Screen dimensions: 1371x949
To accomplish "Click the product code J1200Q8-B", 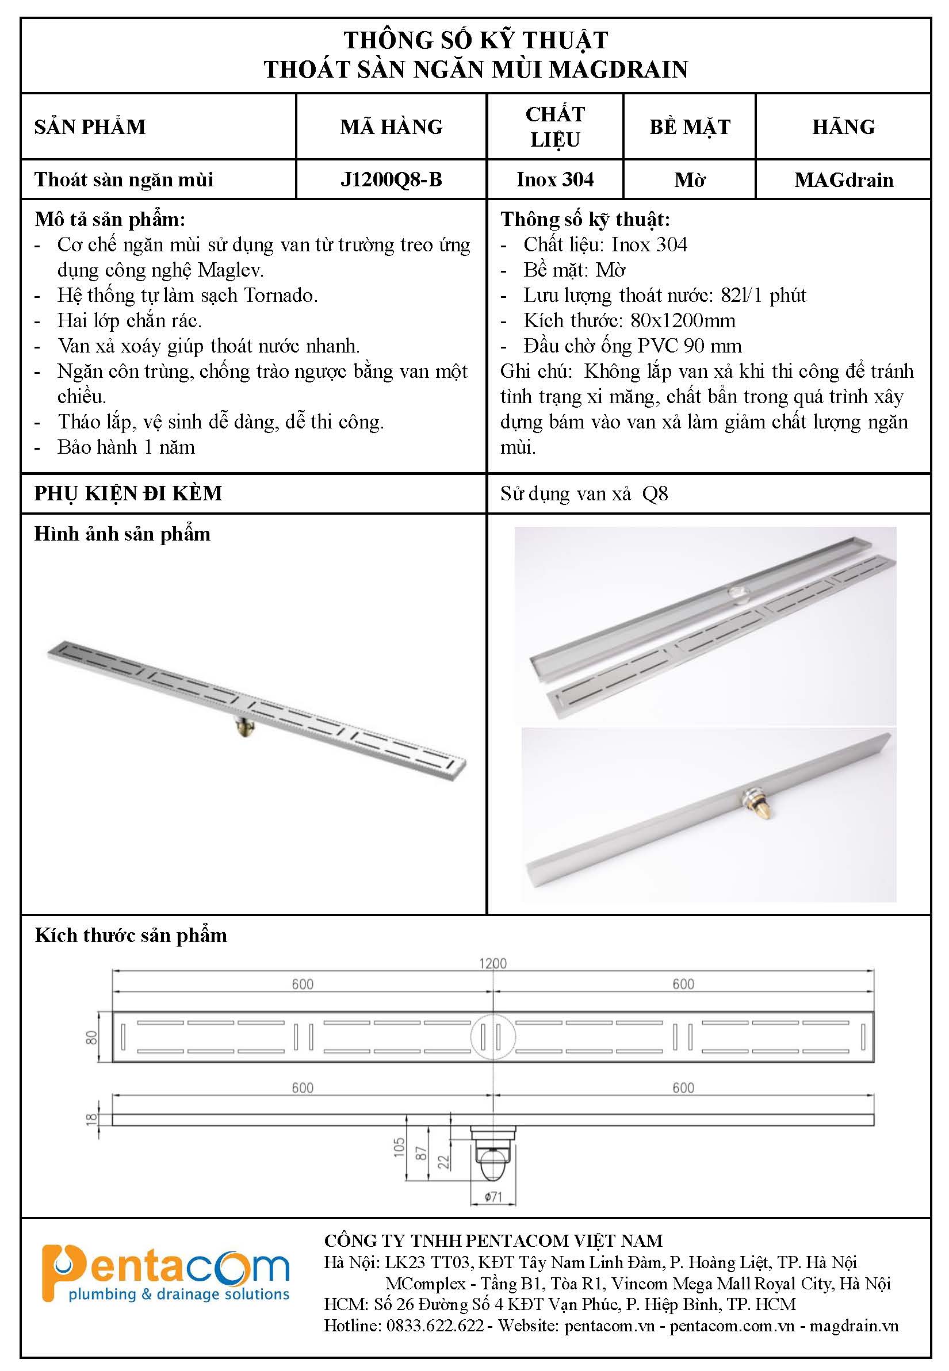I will (391, 179).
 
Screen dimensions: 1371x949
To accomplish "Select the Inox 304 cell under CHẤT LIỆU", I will (555, 179).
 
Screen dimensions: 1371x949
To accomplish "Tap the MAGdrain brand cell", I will (843, 179).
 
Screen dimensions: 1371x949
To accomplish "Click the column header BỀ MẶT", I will (689, 127).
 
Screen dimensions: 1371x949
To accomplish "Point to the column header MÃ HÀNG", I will (391, 127).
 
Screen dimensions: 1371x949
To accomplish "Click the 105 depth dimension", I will (399, 1147).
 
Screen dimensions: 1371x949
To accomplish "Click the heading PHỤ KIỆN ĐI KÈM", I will (128, 493).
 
